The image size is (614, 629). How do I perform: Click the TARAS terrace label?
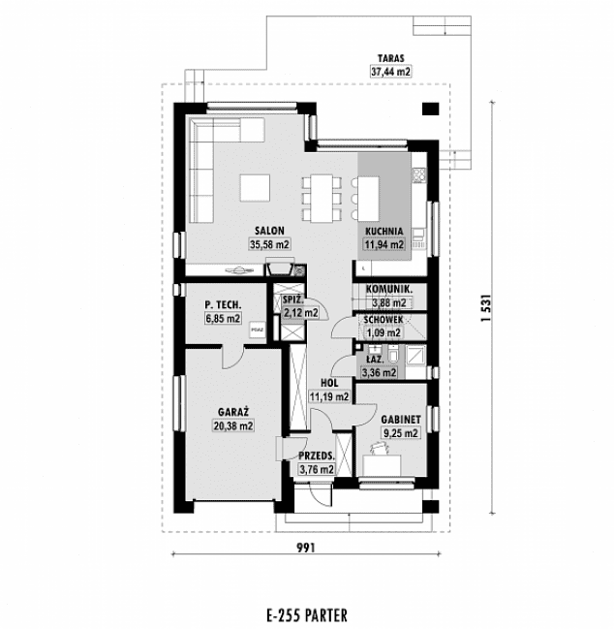[390, 58]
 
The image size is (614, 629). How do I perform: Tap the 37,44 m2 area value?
[390, 71]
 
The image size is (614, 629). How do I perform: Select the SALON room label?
[268, 231]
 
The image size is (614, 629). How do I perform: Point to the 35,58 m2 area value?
[268, 244]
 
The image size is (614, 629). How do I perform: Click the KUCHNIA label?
[384, 231]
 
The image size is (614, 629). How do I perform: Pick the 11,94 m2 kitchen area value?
[384, 244]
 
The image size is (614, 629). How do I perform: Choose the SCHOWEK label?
[384, 320]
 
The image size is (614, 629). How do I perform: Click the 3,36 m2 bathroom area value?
[378, 371]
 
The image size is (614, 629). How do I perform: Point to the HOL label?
[327, 383]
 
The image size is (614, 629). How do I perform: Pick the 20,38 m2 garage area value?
[233, 425]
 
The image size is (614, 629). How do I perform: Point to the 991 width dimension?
[306, 547]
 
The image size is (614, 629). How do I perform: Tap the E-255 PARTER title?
[305, 614]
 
